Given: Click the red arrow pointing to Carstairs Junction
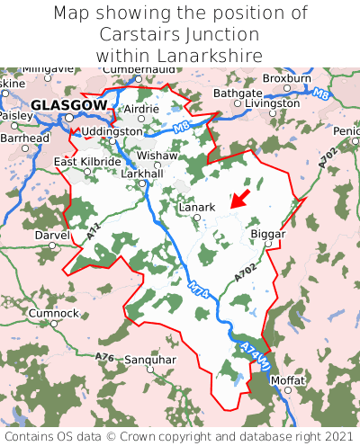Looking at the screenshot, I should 239,198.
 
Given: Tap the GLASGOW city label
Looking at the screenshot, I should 68,105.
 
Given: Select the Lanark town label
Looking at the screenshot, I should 197,207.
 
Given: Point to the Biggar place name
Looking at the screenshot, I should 267,233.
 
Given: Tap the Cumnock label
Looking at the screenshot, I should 53,313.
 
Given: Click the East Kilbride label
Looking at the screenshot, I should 87,162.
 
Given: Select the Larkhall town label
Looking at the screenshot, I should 142,173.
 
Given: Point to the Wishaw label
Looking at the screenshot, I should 157,155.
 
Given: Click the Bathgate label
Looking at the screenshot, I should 238,93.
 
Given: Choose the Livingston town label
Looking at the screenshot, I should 273,103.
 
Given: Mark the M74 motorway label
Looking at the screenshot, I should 199,292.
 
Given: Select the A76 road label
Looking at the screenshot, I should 105,357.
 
